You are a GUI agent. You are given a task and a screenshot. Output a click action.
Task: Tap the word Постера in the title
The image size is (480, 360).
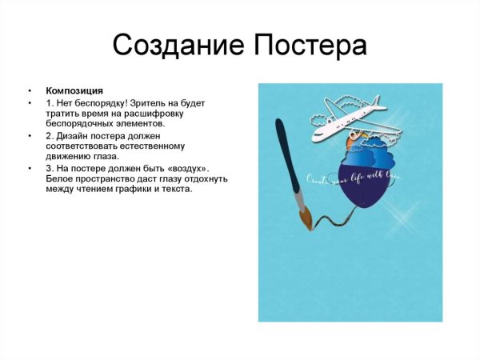310,45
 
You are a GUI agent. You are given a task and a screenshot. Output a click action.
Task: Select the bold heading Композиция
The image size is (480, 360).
74,90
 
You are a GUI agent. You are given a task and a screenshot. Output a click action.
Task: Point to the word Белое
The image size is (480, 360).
61,179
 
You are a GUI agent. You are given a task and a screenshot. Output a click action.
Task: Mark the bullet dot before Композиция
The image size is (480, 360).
30,91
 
